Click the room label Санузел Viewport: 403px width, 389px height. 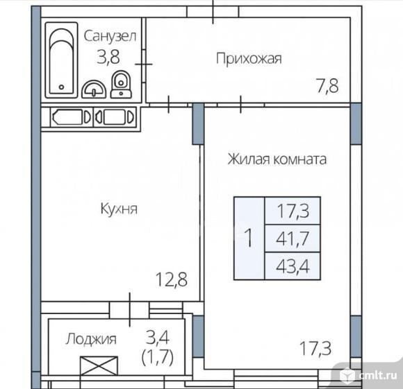pos(110,36)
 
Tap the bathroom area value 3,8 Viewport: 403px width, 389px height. pos(108,57)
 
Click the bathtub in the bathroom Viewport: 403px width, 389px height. pos(61,60)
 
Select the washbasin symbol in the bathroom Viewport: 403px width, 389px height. pos(94,89)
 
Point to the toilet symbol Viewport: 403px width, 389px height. pos(121,84)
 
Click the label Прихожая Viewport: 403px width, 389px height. pos(249,59)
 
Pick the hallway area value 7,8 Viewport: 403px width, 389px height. pos(328,86)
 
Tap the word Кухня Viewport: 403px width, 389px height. pos(119,209)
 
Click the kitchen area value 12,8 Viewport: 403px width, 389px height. pos(172,279)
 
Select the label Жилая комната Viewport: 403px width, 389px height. pos(277,159)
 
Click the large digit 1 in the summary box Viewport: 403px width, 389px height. pos(248,238)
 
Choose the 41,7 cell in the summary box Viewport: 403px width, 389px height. pos(293,239)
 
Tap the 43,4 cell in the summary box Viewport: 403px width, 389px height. pos(293,266)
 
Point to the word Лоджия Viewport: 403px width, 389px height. pos(91,339)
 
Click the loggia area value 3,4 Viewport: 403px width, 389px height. pos(158,337)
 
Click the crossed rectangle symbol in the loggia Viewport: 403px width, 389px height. pos(99,366)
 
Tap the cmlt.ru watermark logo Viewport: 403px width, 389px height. pos(369,375)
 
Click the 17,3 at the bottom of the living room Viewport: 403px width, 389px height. pos(315,348)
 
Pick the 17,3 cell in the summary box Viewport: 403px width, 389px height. pos(293,211)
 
